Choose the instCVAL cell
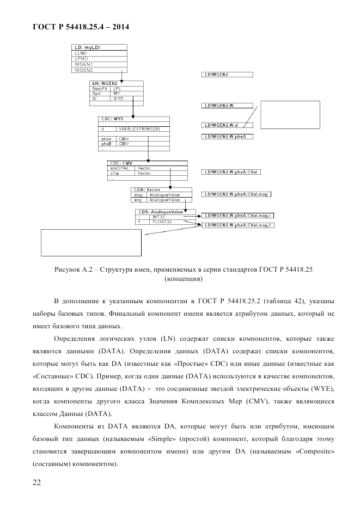coord(121,168)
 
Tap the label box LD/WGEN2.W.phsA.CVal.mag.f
coord(237,225)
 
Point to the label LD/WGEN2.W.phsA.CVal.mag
coord(235,194)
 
